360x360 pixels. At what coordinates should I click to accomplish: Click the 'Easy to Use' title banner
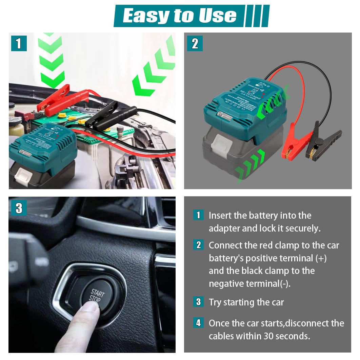pyautogui.click(x=180, y=16)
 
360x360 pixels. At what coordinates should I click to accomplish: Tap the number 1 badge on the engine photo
pyautogui.click(x=19, y=43)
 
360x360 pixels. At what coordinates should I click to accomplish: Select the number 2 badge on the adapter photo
pyautogui.click(x=195, y=43)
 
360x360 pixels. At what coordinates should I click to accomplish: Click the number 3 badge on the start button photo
pyautogui.click(x=19, y=208)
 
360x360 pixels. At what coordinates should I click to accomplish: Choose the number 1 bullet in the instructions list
pyautogui.click(x=198, y=215)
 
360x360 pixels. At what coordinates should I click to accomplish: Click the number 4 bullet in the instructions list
pyautogui.click(x=198, y=323)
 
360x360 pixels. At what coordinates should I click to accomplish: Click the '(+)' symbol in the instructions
pyautogui.click(x=321, y=258)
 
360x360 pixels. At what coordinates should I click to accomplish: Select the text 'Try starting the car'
pyautogui.click(x=246, y=302)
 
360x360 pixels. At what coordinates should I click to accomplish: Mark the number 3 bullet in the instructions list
pyautogui.click(x=198, y=302)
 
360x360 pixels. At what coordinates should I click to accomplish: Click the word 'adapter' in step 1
pyautogui.click(x=224, y=228)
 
